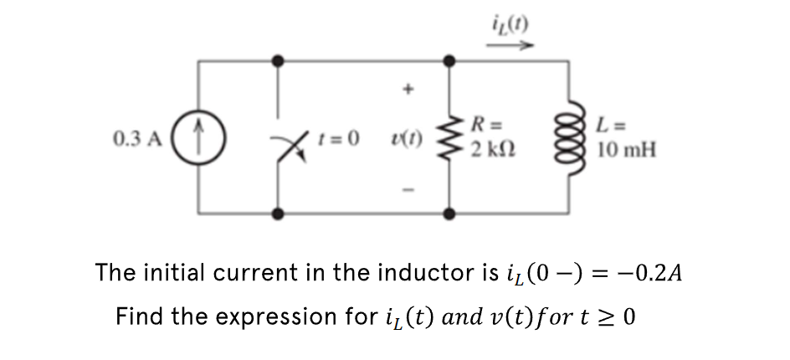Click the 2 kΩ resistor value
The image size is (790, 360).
(487, 150)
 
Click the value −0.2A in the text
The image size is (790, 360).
(656, 274)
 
